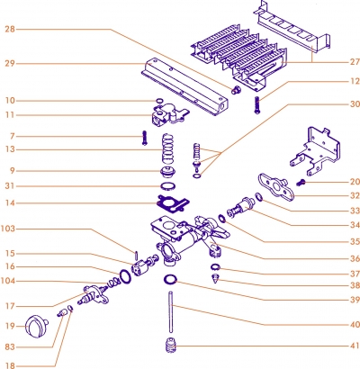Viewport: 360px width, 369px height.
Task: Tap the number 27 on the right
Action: coord(354,61)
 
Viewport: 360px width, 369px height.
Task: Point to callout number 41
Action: coord(354,346)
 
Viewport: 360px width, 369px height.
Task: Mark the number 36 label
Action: coord(354,257)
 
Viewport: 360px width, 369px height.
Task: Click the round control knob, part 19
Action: coord(37,327)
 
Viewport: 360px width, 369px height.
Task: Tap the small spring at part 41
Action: coord(166,346)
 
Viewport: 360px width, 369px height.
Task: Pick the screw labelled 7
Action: coord(143,137)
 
